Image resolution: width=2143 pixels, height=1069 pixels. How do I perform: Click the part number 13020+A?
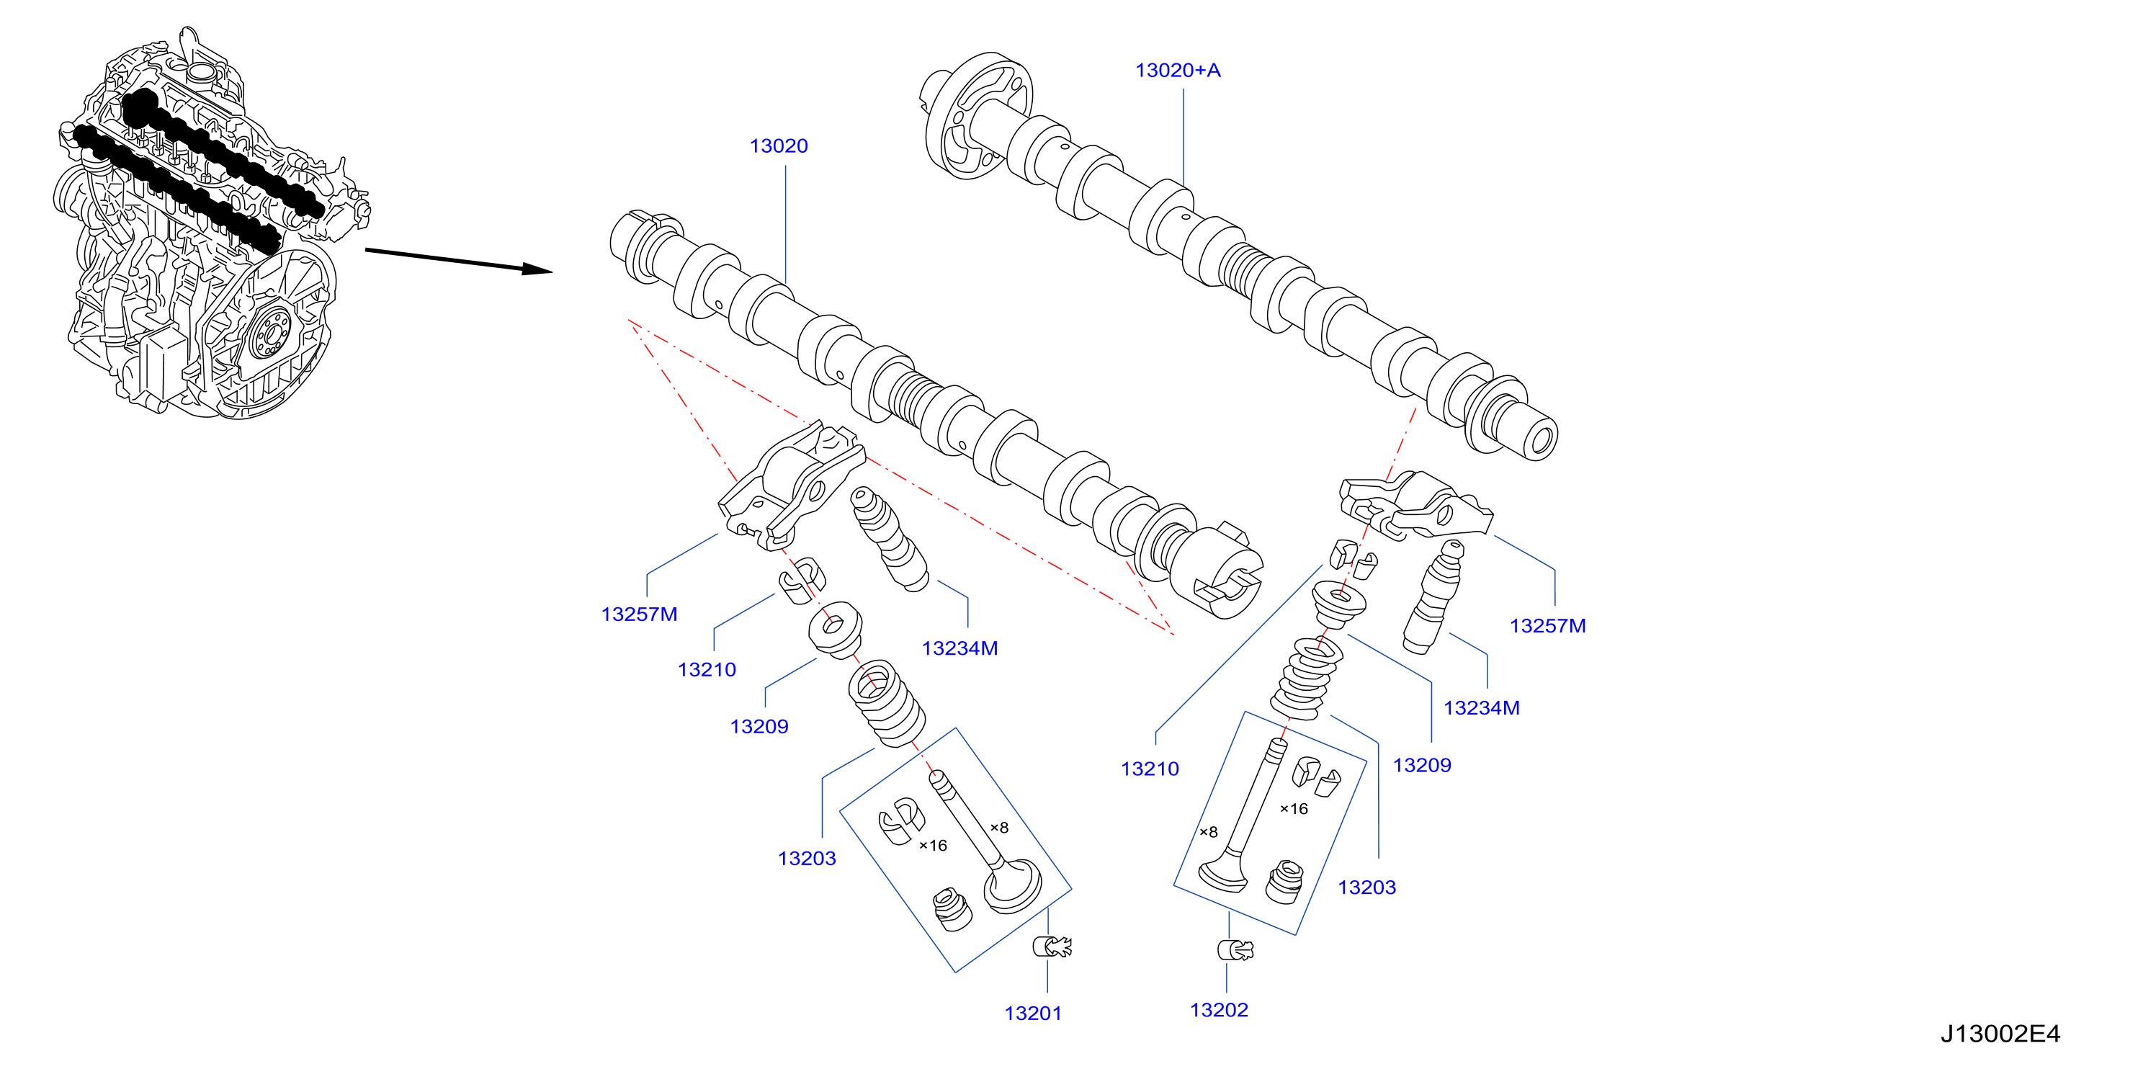[x=1178, y=71]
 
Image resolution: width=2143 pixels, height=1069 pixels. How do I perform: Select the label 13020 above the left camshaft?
[x=779, y=146]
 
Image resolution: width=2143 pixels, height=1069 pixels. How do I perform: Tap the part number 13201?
[x=1033, y=1014]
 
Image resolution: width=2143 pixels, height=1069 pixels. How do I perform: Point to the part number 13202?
[x=1220, y=1010]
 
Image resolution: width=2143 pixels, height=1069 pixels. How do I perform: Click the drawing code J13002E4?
[x=2001, y=1034]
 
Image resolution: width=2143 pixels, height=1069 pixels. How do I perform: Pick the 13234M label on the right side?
[x=1482, y=708]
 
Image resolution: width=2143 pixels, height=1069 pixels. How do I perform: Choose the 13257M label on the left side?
[x=640, y=614]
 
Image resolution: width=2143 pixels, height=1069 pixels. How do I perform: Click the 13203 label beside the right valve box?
[x=1366, y=887]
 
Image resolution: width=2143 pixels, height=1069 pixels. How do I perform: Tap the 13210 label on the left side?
[x=707, y=670]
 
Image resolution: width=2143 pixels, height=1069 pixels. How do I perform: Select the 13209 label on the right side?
[x=1423, y=765]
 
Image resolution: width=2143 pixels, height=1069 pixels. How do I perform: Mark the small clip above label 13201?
[x=1052, y=947]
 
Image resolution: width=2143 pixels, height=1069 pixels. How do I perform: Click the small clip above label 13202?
[x=1236, y=950]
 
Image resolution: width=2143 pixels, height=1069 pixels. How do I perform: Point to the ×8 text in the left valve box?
[x=999, y=828]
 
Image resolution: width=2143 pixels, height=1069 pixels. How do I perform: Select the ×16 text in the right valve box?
[x=1294, y=809]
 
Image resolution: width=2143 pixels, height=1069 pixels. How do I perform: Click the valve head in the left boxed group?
[x=1013, y=886]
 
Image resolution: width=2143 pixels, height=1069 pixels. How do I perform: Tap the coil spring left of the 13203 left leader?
[x=887, y=703]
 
